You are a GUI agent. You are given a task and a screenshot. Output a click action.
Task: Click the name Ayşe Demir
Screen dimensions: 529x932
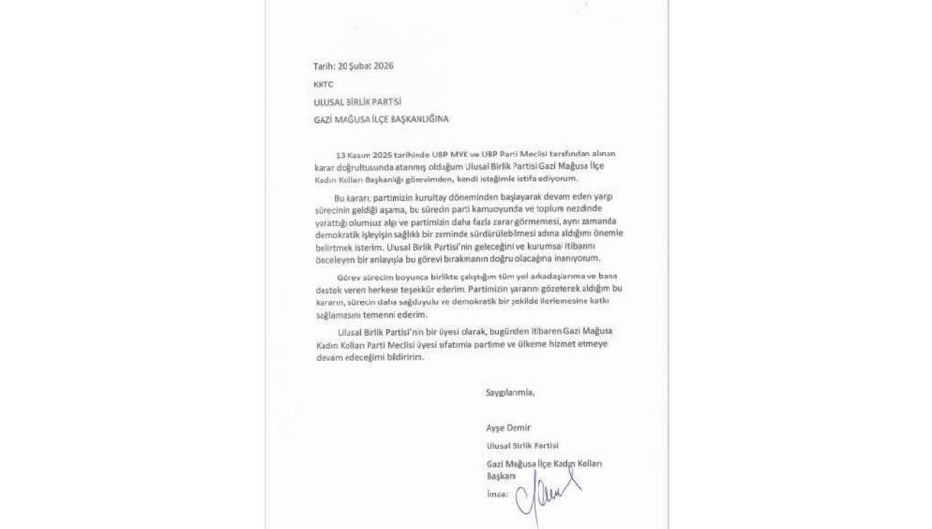click(x=508, y=427)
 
